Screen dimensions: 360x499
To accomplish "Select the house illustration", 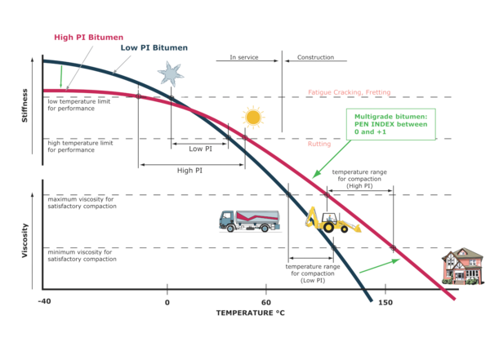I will [x=460, y=264].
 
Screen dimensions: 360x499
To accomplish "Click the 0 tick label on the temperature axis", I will [x=167, y=301].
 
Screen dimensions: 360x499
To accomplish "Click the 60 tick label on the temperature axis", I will [x=265, y=301].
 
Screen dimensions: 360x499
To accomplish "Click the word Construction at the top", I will [x=310, y=57].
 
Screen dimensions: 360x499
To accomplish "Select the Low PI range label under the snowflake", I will [x=195, y=149].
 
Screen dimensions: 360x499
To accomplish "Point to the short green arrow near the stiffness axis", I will [x=60, y=77].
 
